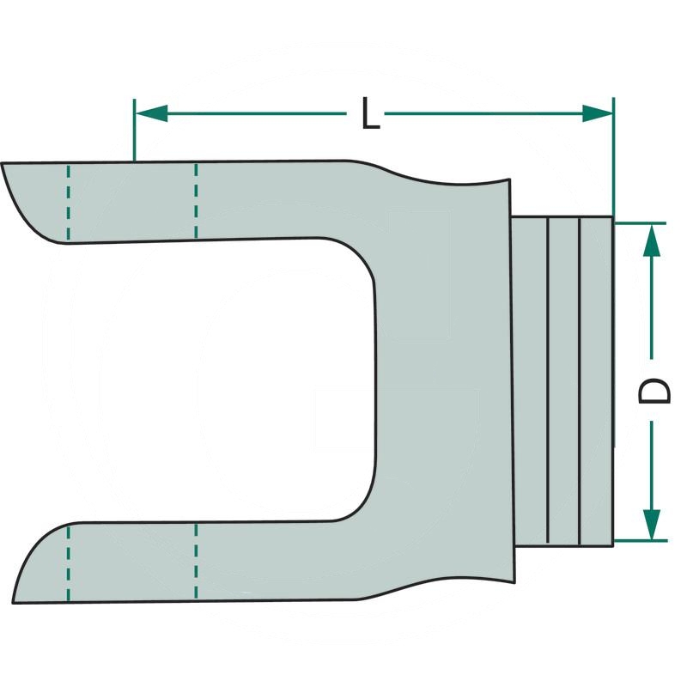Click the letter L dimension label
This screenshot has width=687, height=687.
(369, 114)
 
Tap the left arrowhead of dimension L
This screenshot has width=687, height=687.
(150, 113)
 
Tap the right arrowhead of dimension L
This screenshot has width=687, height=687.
(598, 113)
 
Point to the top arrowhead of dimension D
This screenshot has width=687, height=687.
(652, 240)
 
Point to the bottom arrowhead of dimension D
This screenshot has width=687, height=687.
(652, 524)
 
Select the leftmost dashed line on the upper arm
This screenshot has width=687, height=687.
(69, 203)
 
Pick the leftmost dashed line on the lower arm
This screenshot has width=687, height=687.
(69, 563)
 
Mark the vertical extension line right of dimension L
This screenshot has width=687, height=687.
(613, 155)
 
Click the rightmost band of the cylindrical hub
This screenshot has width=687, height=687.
(597, 382)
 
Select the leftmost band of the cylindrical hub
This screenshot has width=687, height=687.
(529, 382)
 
